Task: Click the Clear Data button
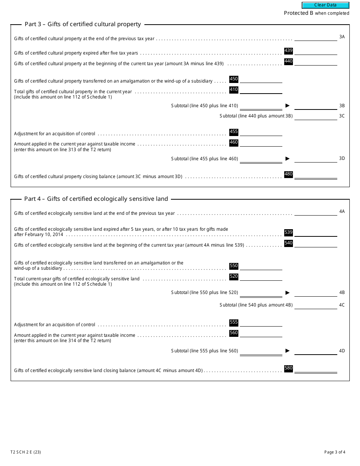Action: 325,5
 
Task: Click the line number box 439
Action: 288,51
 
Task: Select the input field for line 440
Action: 316,62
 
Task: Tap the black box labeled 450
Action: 234,79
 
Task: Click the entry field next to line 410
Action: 261,90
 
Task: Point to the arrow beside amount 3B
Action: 287,106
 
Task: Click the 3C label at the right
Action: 342,116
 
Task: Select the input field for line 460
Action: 261,143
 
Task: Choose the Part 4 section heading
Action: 96,199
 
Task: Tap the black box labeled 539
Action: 288,233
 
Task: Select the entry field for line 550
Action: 261,267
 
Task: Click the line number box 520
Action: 234,277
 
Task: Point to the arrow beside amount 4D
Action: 287,351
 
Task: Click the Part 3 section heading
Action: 83,24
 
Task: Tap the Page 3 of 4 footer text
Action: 335,452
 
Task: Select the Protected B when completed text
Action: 316,13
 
